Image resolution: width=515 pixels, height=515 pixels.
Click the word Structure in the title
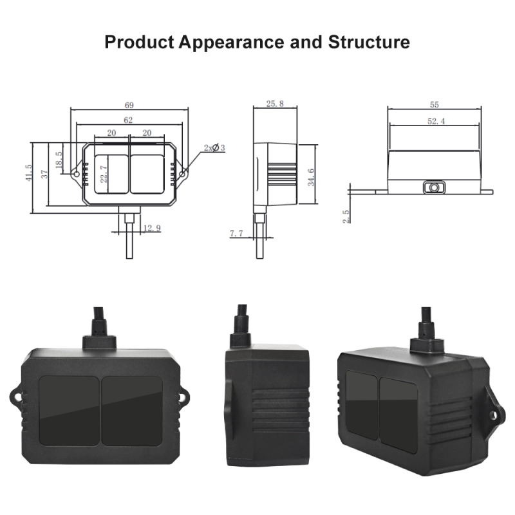coord(369,42)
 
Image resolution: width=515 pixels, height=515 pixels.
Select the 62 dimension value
coord(129,120)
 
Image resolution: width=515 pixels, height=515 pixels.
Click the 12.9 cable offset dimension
coord(152,229)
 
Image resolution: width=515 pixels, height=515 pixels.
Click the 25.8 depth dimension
coord(274,104)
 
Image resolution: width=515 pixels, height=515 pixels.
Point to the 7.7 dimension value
coord(237,234)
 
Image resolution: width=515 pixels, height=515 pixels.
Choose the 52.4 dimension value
coord(435,120)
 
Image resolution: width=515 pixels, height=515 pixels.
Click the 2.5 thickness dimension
coord(346,216)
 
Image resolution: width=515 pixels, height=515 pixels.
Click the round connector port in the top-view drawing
coord(435,187)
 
